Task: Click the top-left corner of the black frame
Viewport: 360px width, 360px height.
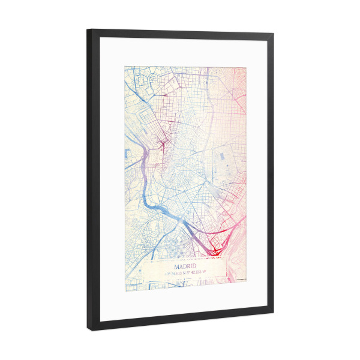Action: pyautogui.click(x=88, y=30)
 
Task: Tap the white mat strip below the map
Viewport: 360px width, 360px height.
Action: pyautogui.click(x=180, y=303)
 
